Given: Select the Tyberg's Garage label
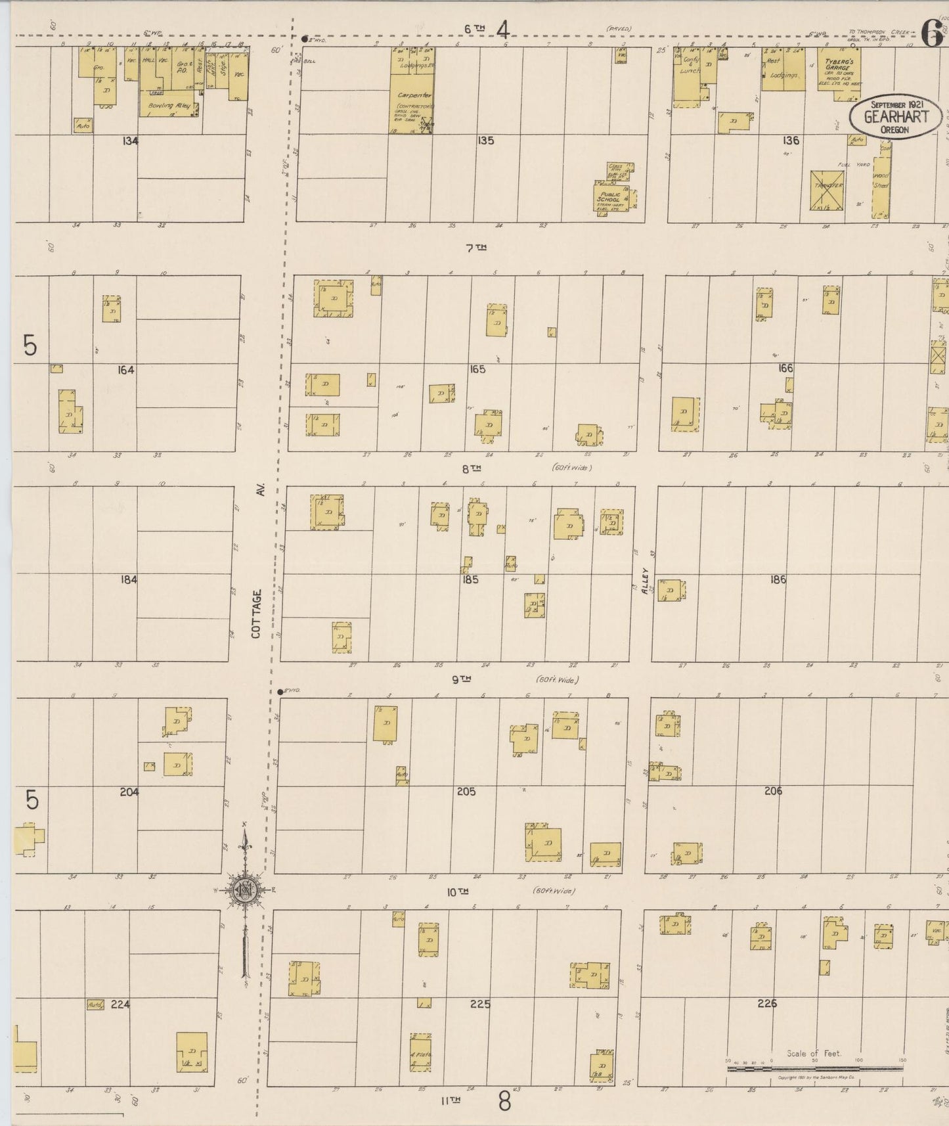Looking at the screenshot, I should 837,64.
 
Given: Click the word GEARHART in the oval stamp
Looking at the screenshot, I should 896,117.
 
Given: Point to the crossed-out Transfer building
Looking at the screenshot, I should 827,190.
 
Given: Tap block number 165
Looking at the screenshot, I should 477,369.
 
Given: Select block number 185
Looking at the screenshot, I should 470,579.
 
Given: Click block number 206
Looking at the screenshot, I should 773,791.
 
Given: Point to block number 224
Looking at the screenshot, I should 120,1004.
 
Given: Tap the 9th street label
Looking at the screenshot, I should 461,680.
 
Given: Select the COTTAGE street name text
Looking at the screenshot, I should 257,613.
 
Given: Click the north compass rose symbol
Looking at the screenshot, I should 244,891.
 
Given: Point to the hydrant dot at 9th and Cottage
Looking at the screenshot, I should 280,692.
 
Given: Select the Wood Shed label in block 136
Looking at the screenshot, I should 881,181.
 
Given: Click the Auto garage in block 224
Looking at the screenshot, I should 95,1004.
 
